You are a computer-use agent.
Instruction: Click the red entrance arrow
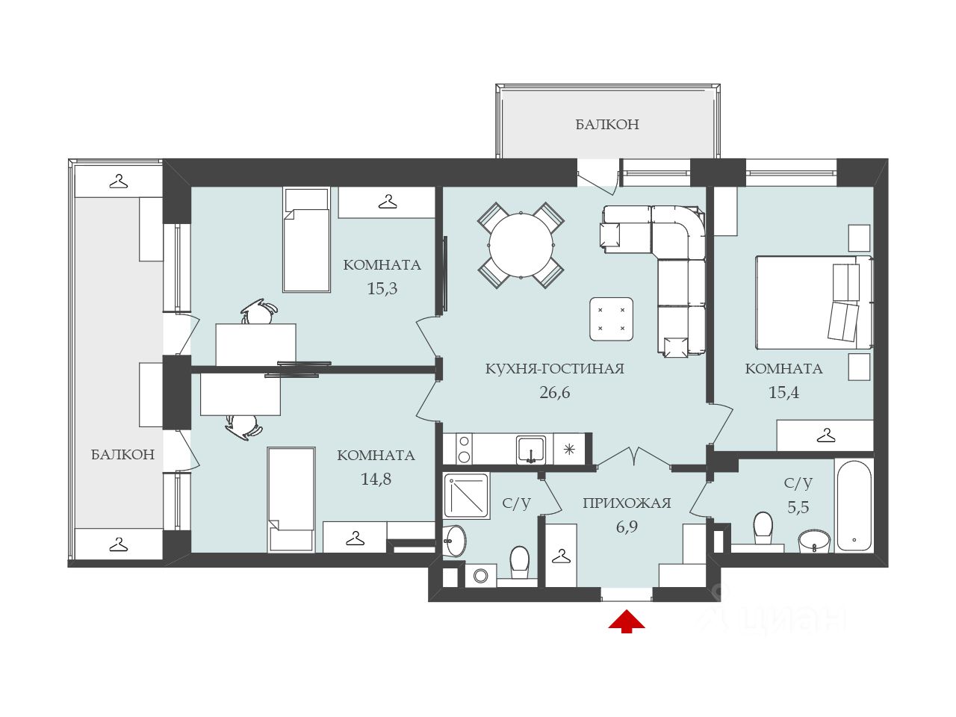click(x=626, y=621)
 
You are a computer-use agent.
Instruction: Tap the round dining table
click(x=521, y=245)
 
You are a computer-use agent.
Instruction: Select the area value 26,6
click(x=554, y=392)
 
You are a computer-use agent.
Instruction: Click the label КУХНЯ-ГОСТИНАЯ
click(x=554, y=369)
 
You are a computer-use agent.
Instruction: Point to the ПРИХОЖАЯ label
click(x=627, y=503)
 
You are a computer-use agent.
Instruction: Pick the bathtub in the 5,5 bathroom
click(x=854, y=505)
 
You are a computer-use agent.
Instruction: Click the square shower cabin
click(x=466, y=495)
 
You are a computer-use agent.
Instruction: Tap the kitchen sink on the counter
click(x=530, y=450)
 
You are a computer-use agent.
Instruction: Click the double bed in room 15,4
click(x=814, y=302)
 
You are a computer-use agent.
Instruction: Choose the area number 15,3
click(x=382, y=288)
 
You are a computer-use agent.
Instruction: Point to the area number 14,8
click(x=376, y=479)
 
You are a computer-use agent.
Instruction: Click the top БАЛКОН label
click(x=607, y=125)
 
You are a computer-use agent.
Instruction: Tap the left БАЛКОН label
click(x=122, y=455)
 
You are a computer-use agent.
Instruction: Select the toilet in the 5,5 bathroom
click(x=763, y=529)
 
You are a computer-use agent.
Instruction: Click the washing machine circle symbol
click(x=480, y=575)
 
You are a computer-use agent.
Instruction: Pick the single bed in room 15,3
click(x=306, y=240)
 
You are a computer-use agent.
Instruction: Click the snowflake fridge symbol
click(x=569, y=450)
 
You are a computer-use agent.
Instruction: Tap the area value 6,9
click(x=627, y=527)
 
